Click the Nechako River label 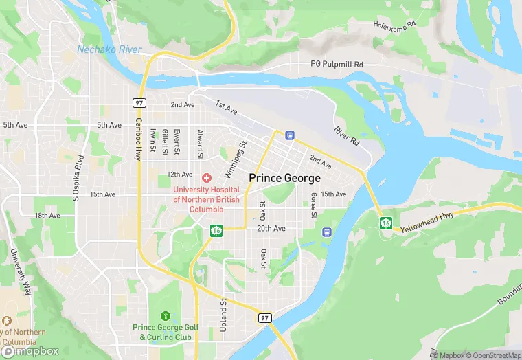pos(109,49)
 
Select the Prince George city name pos(284,178)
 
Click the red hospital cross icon pos(206,178)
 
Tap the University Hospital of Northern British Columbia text pos(207,199)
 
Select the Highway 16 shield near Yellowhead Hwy pos(387,223)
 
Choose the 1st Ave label pos(226,107)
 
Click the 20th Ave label pos(271,228)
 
